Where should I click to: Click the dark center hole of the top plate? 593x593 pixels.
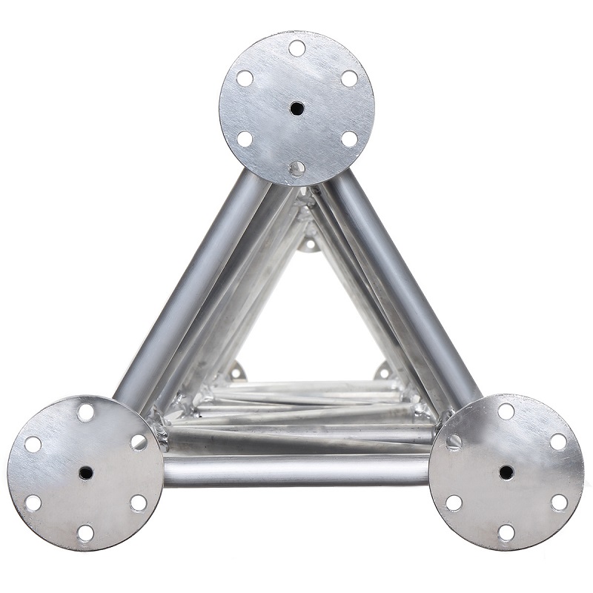pos(296,108)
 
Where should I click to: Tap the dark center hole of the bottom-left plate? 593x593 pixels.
pos(86,472)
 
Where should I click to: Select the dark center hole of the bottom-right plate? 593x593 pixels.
pos(506,471)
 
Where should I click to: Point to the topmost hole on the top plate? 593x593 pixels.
pos(296,48)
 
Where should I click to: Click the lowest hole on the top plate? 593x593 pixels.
pos(296,168)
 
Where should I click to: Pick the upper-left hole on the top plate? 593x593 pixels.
pos(245,78)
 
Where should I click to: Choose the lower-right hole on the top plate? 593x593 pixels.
pos(349,139)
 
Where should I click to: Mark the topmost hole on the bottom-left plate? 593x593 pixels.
pos(86,412)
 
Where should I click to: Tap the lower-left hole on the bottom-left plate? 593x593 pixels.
pos(33,503)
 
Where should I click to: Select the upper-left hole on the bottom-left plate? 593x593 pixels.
pos(33,443)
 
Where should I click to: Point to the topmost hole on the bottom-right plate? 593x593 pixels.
pos(506,411)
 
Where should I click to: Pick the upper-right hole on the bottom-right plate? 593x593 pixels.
pos(558,442)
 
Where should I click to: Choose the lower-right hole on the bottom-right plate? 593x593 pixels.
pos(558,502)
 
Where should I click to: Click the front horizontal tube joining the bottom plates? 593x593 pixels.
pos(296,470)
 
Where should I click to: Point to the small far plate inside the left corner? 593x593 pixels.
pos(236,371)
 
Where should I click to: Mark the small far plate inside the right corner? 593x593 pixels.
pos(383,371)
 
